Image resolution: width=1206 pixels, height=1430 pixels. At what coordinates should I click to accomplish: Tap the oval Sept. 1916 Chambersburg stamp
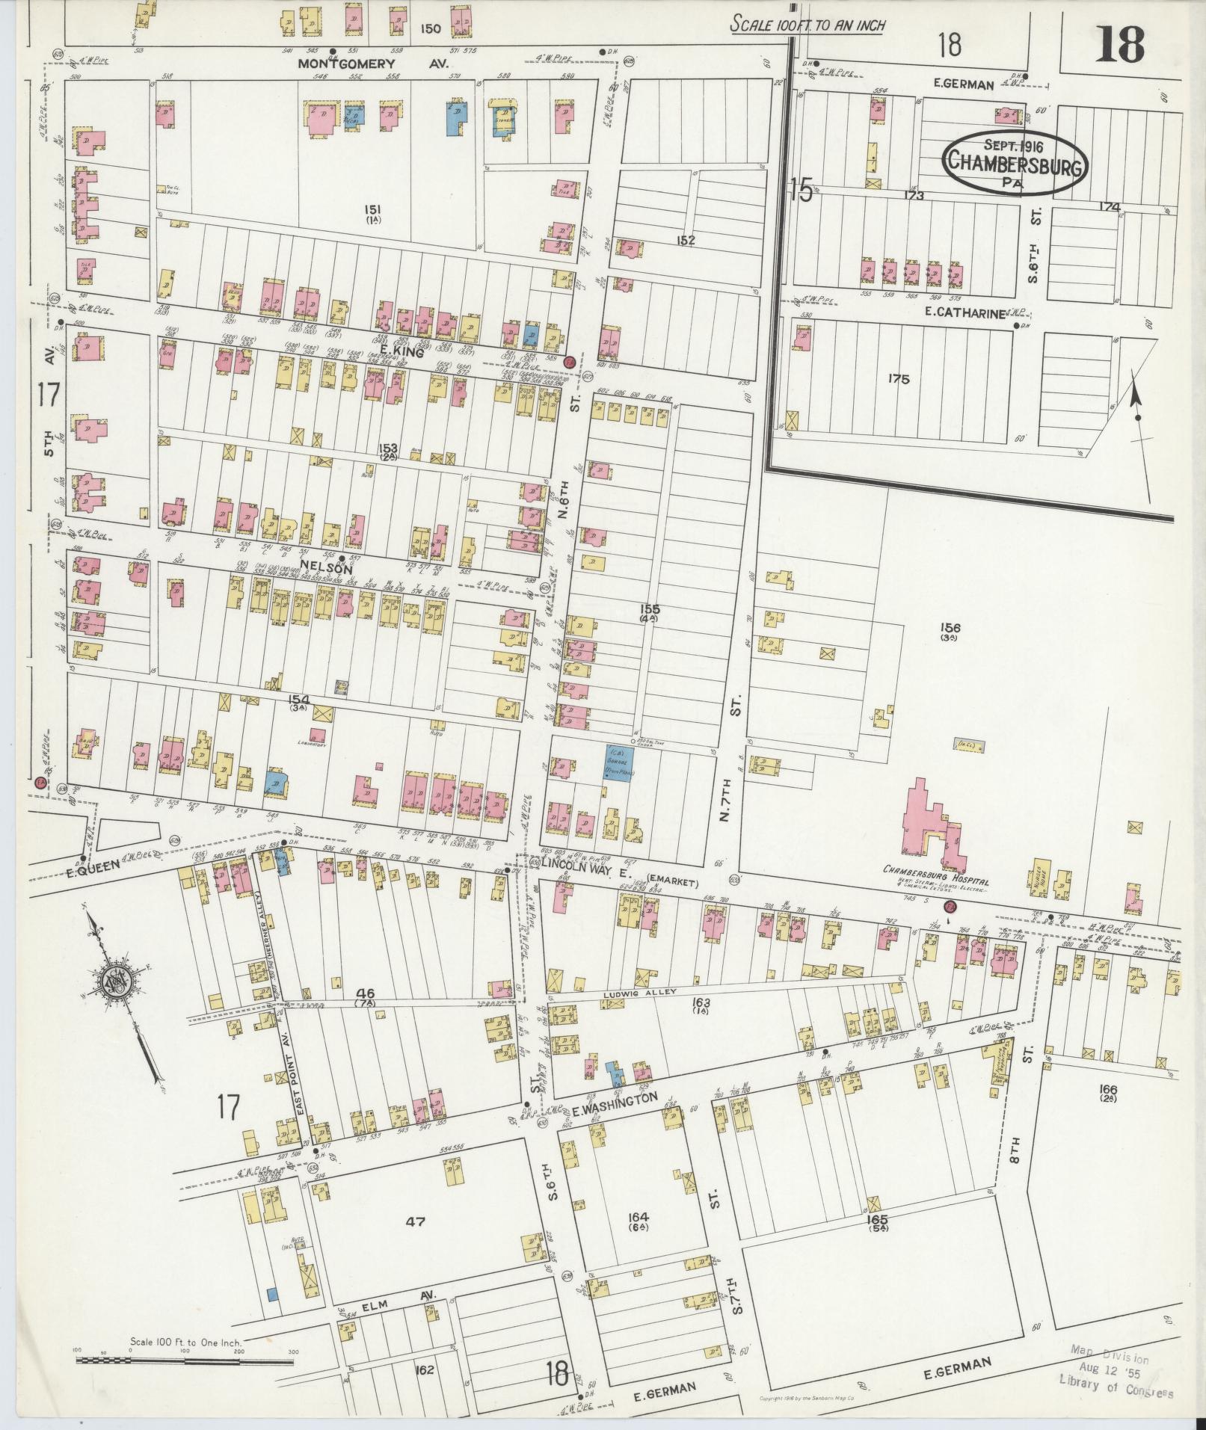pos(1013,164)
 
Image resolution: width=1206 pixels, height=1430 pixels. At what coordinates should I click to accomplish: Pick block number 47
pos(415,1221)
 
